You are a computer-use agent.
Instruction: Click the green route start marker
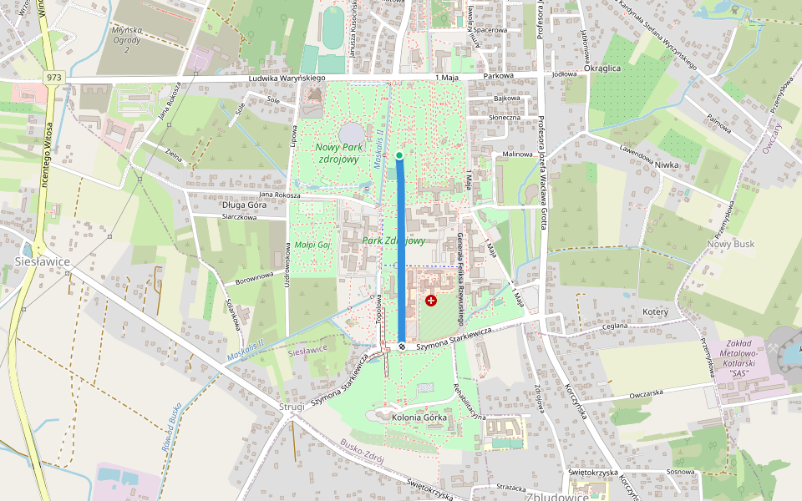pyautogui.click(x=399, y=155)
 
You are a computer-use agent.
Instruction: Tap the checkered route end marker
pyautogui.click(x=402, y=346)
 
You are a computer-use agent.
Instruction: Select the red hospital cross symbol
pyautogui.click(x=431, y=300)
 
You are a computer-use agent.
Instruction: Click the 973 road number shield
pyautogui.click(x=55, y=78)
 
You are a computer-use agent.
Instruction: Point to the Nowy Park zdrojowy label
pyautogui.click(x=338, y=153)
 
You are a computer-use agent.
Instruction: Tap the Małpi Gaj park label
pyautogui.click(x=313, y=245)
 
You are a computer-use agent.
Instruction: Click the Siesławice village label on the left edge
pyautogui.click(x=42, y=261)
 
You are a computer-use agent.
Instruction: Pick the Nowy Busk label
pyautogui.click(x=731, y=244)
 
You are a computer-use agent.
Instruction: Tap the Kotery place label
pyautogui.click(x=657, y=311)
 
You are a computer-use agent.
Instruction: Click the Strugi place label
pyautogui.click(x=292, y=407)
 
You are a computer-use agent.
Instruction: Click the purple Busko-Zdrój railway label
pyautogui.click(x=362, y=449)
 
